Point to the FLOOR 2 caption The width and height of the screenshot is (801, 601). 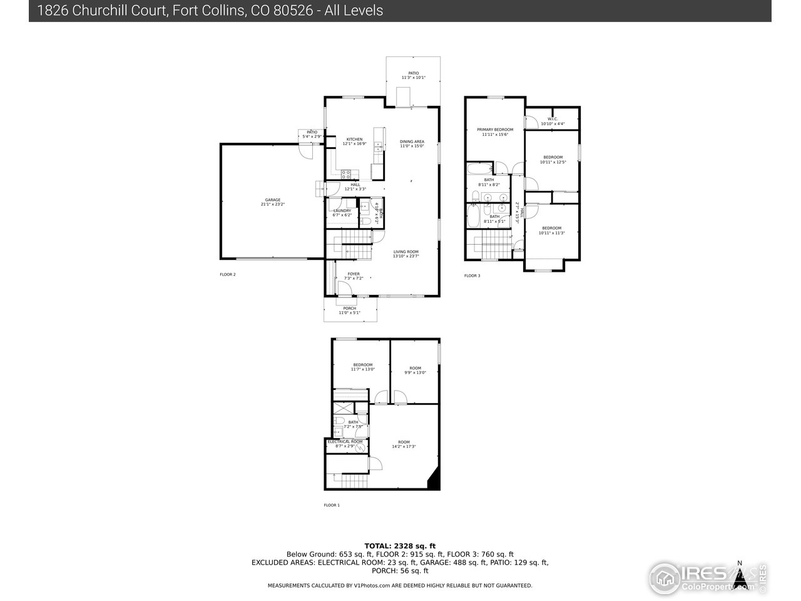tap(227, 275)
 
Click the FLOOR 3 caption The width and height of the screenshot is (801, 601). tap(472, 275)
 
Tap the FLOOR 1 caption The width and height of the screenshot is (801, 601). tap(331, 505)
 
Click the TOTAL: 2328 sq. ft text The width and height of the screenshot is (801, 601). tap(400, 546)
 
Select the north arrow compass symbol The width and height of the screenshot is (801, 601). tap(741, 576)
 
